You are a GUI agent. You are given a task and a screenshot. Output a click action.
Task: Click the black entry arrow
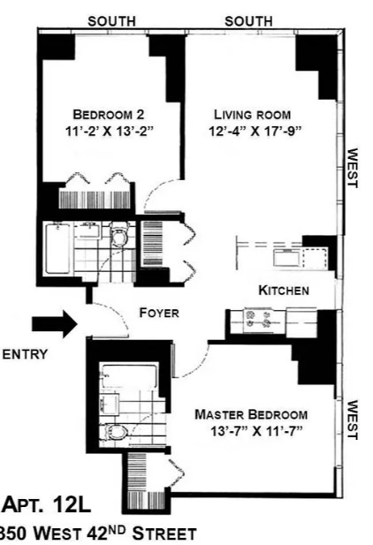click(x=55, y=324)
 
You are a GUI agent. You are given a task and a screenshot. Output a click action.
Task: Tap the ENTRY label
click(x=25, y=354)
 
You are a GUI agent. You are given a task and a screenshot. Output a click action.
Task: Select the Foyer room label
click(x=159, y=313)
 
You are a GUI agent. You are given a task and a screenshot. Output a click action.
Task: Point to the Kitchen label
click(x=284, y=291)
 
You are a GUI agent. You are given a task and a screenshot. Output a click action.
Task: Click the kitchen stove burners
click(x=258, y=320)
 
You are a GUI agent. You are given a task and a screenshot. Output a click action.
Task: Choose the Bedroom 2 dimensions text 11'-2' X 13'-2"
click(x=110, y=132)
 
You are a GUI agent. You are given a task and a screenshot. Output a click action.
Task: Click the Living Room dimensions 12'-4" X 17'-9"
click(x=255, y=132)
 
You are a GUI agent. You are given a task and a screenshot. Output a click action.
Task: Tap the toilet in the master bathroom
click(x=114, y=433)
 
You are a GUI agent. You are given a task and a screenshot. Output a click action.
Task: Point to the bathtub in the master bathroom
click(x=128, y=375)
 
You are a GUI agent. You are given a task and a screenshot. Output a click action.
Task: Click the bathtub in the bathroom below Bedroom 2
click(x=57, y=248)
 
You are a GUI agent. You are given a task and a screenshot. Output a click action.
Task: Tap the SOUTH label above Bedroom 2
click(x=111, y=21)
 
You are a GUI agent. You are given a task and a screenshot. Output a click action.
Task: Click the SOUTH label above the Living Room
click(x=248, y=21)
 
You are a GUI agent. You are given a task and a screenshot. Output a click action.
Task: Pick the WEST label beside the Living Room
click(x=353, y=168)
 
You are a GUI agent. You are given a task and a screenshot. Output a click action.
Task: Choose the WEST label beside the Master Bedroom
click(x=353, y=420)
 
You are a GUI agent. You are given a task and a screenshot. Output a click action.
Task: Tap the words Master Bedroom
click(x=251, y=414)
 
